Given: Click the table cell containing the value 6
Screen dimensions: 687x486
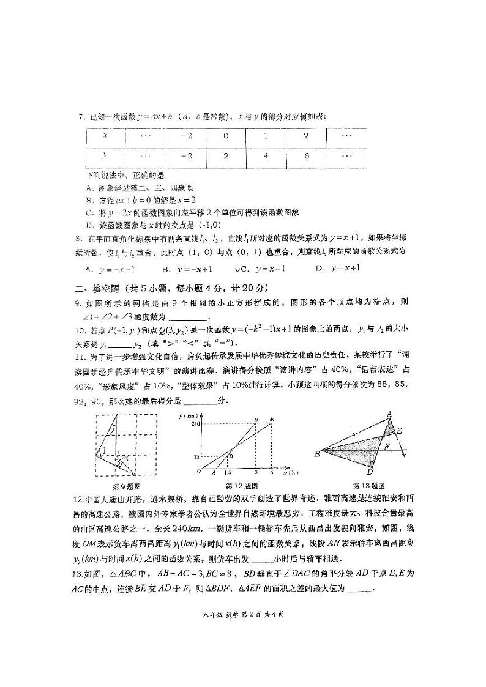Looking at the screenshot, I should pyautogui.click(x=306, y=155).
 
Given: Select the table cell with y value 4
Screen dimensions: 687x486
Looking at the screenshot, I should pyautogui.click(x=266, y=155).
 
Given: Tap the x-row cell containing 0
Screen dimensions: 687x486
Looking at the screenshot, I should pyautogui.click(x=225, y=136).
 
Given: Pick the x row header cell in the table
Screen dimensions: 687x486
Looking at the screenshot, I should pyautogui.click(x=105, y=136).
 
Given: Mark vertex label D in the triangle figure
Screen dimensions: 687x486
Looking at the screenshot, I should pyautogui.click(x=370, y=472).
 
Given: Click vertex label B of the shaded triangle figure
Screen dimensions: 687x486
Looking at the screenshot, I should pyautogui.click(x=317, y=453).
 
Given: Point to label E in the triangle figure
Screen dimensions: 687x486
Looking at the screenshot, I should pyautogui.click(x=398, y=430).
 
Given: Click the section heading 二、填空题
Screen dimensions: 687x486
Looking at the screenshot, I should pyautogui.click(x=97, y=288).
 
